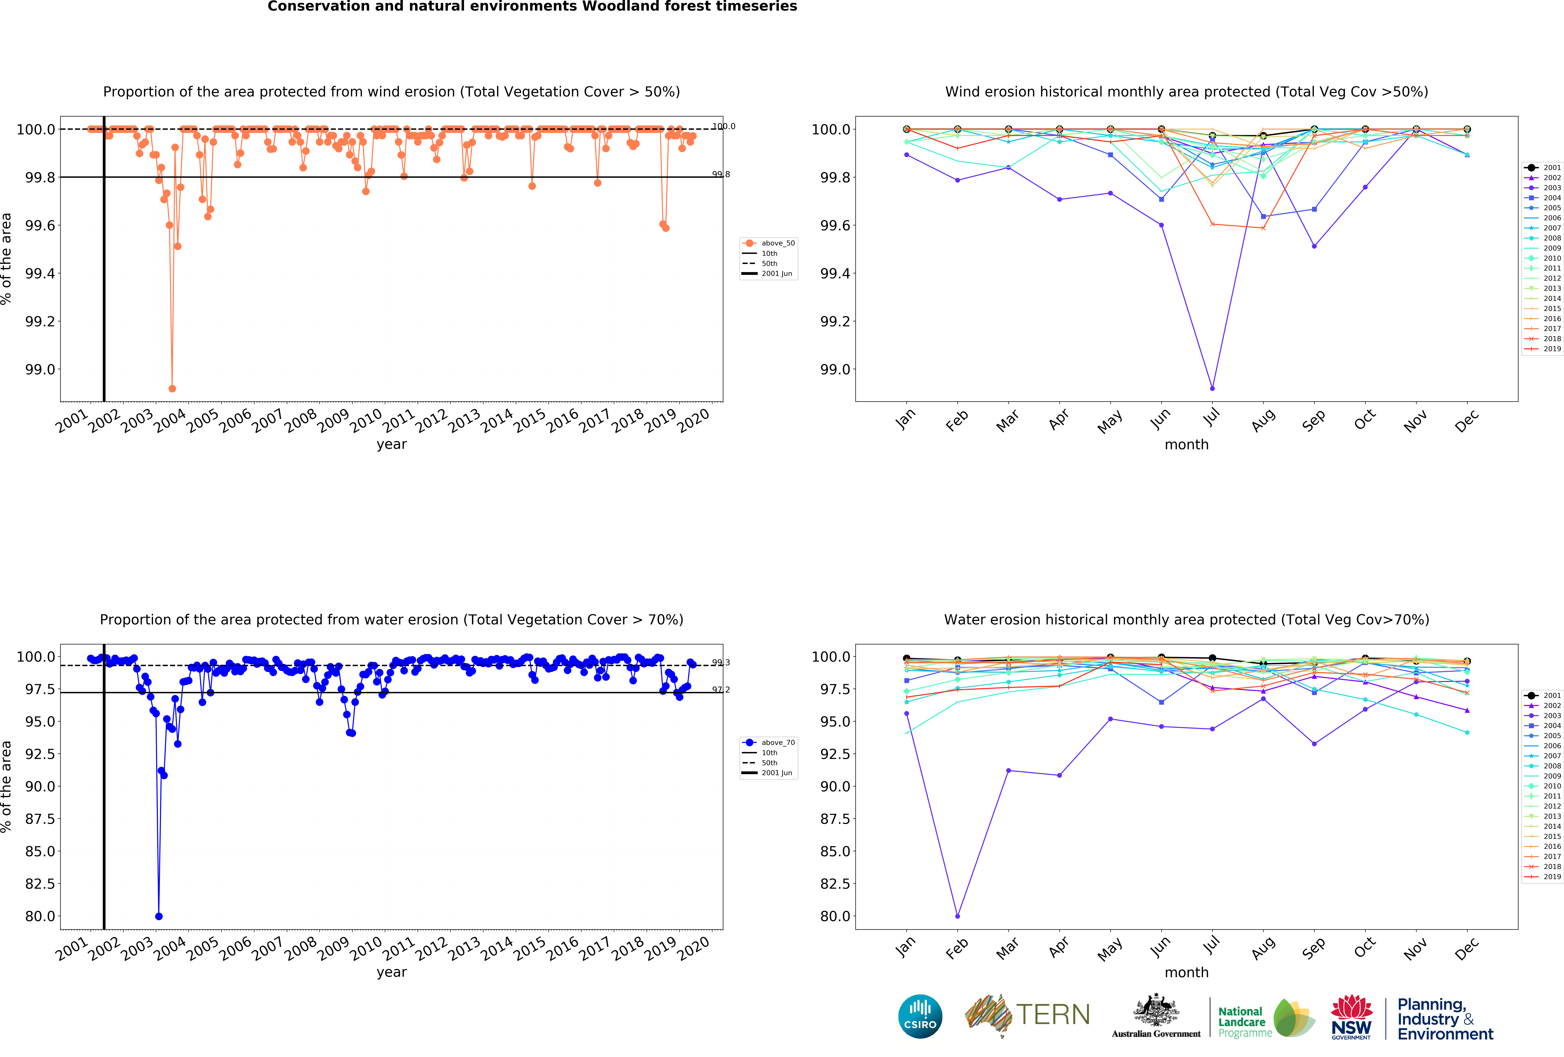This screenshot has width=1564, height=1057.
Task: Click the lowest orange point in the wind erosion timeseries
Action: pyautogui.click(x=172, y=388)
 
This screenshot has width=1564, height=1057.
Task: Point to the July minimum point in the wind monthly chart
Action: pyautogui.click(x=1212, y=388)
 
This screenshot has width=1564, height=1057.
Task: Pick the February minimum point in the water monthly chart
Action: pyautogui.click(x=958, y=916)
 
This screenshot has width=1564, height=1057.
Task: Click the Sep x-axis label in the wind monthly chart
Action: pyautogui.click(x=1313, y=420)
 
